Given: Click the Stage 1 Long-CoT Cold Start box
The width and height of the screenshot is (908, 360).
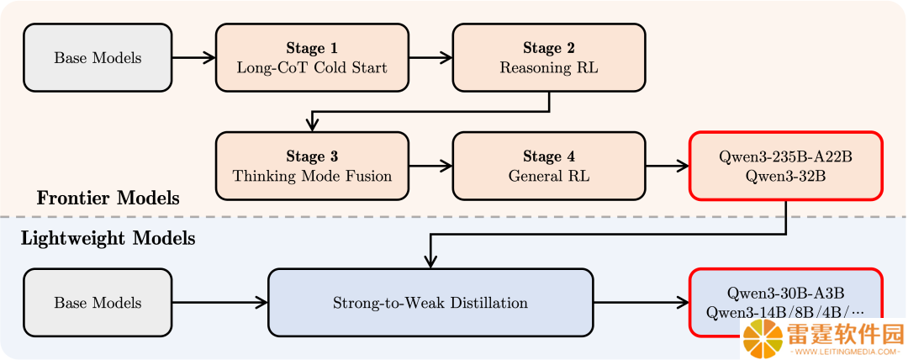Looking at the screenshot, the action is tap(312, 57).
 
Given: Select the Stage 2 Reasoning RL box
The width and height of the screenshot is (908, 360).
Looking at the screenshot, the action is tap(549, 57).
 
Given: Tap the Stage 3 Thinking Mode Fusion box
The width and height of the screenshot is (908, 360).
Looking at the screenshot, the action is tap(312, 166).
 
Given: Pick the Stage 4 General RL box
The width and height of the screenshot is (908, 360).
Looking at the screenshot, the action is tap(549, 166).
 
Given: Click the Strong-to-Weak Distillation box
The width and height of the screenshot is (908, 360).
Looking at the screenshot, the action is tap(430, 303).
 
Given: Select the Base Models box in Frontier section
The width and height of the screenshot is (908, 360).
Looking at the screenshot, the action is tap(98, 57).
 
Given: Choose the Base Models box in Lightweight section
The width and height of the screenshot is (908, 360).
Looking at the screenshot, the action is tap(98, 303).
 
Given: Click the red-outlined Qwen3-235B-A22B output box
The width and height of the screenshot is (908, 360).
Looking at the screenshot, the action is tap(785, 166).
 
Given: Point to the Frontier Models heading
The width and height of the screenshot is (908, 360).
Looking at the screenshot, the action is tap(108, 199).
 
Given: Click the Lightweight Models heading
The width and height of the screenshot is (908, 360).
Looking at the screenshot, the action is tap(108, 238).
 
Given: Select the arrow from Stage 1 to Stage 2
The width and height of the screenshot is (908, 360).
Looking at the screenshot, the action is tap(430, 57).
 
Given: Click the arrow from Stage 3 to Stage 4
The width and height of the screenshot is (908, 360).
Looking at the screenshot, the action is tap(430, 166).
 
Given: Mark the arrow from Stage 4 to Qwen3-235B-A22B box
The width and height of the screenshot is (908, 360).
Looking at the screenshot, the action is tap(667, 166).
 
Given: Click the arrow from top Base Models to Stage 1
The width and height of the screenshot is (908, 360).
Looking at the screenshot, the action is tap(194, 57).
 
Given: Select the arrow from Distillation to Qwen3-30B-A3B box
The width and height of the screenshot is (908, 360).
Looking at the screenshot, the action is tap(641, 303).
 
